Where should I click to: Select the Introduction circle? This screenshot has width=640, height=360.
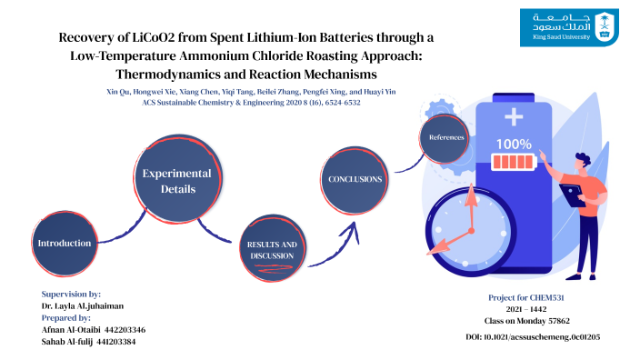coord(65,244)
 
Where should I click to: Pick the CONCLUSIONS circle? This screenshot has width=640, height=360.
coord(355,179)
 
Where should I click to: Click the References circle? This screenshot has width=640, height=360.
coord(446,138)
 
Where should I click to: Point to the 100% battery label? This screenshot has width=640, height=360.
coord(514,144)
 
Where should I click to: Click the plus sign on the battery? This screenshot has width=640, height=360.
coord(515,116)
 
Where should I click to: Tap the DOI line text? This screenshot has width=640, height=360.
coord(532,337)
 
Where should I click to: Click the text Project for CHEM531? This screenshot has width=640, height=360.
coord(527,297)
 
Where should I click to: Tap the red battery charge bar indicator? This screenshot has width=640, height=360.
coord(515,163)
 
